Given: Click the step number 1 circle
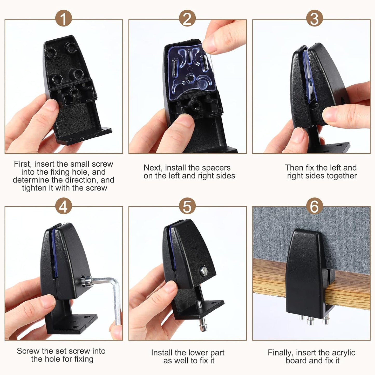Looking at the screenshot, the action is (63, 18).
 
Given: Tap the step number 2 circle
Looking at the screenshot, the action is (187, 18).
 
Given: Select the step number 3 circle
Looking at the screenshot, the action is (314, 18).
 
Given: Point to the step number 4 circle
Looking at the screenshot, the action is (63, 206).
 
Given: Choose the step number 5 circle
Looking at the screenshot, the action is (187, 206).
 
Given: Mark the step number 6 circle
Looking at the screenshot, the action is (314, 206).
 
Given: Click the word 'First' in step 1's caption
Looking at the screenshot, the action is (23, 164).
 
